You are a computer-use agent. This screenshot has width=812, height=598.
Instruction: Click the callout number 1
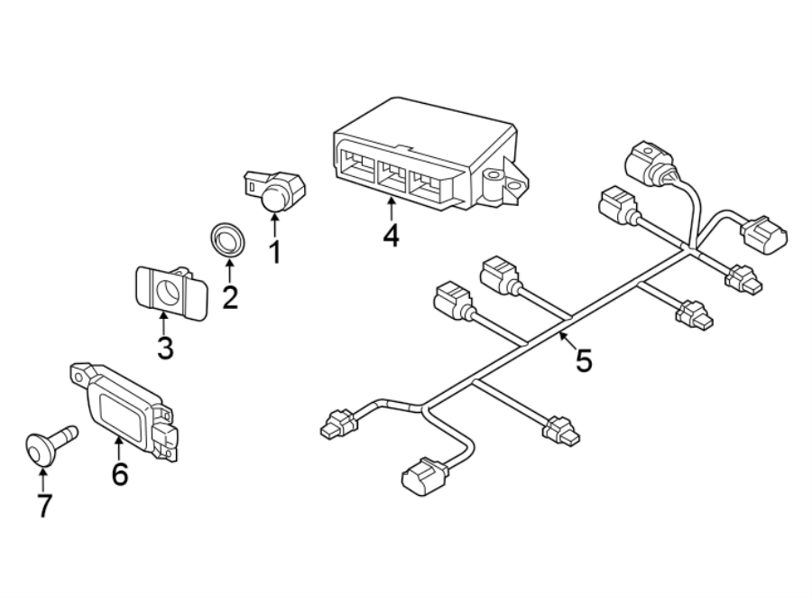(274, 251)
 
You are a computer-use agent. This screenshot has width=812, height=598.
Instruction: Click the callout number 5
(584, 360)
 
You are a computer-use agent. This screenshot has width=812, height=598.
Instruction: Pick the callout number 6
(119, 472)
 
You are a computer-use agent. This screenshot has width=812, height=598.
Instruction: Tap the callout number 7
(43, 505)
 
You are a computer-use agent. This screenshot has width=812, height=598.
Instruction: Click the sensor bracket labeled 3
(169, 291)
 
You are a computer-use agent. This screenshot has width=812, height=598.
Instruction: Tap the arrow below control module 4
(390, 207)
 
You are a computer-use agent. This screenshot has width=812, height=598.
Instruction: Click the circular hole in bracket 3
(168, 290)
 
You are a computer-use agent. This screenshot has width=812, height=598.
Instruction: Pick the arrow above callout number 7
(43, 477)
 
